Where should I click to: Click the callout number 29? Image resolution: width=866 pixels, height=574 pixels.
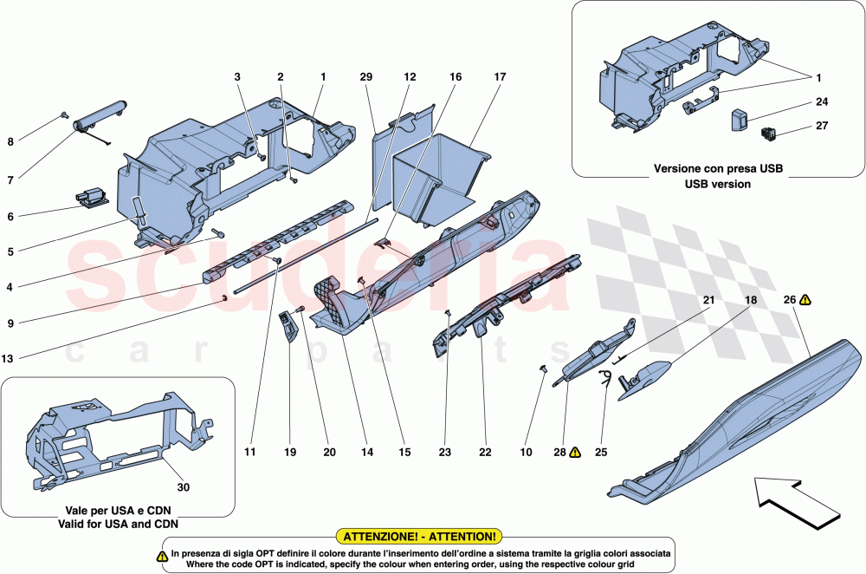click(x=366, y=77)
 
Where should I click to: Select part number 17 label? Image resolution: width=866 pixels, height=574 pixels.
click(x=500, y=77)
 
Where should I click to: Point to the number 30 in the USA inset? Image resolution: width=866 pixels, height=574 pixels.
click(x=183, y=486)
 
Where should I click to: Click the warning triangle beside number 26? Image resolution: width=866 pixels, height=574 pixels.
click(x=805, y=300)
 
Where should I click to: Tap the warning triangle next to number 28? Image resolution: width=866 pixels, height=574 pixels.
click(x=575, y=453)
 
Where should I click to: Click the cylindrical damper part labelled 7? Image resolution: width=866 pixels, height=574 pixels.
click(x=100, y=115)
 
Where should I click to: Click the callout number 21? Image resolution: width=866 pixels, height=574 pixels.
click(x=708, y=300)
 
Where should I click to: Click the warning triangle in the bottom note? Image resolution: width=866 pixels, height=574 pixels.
click(x=163, y=553)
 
